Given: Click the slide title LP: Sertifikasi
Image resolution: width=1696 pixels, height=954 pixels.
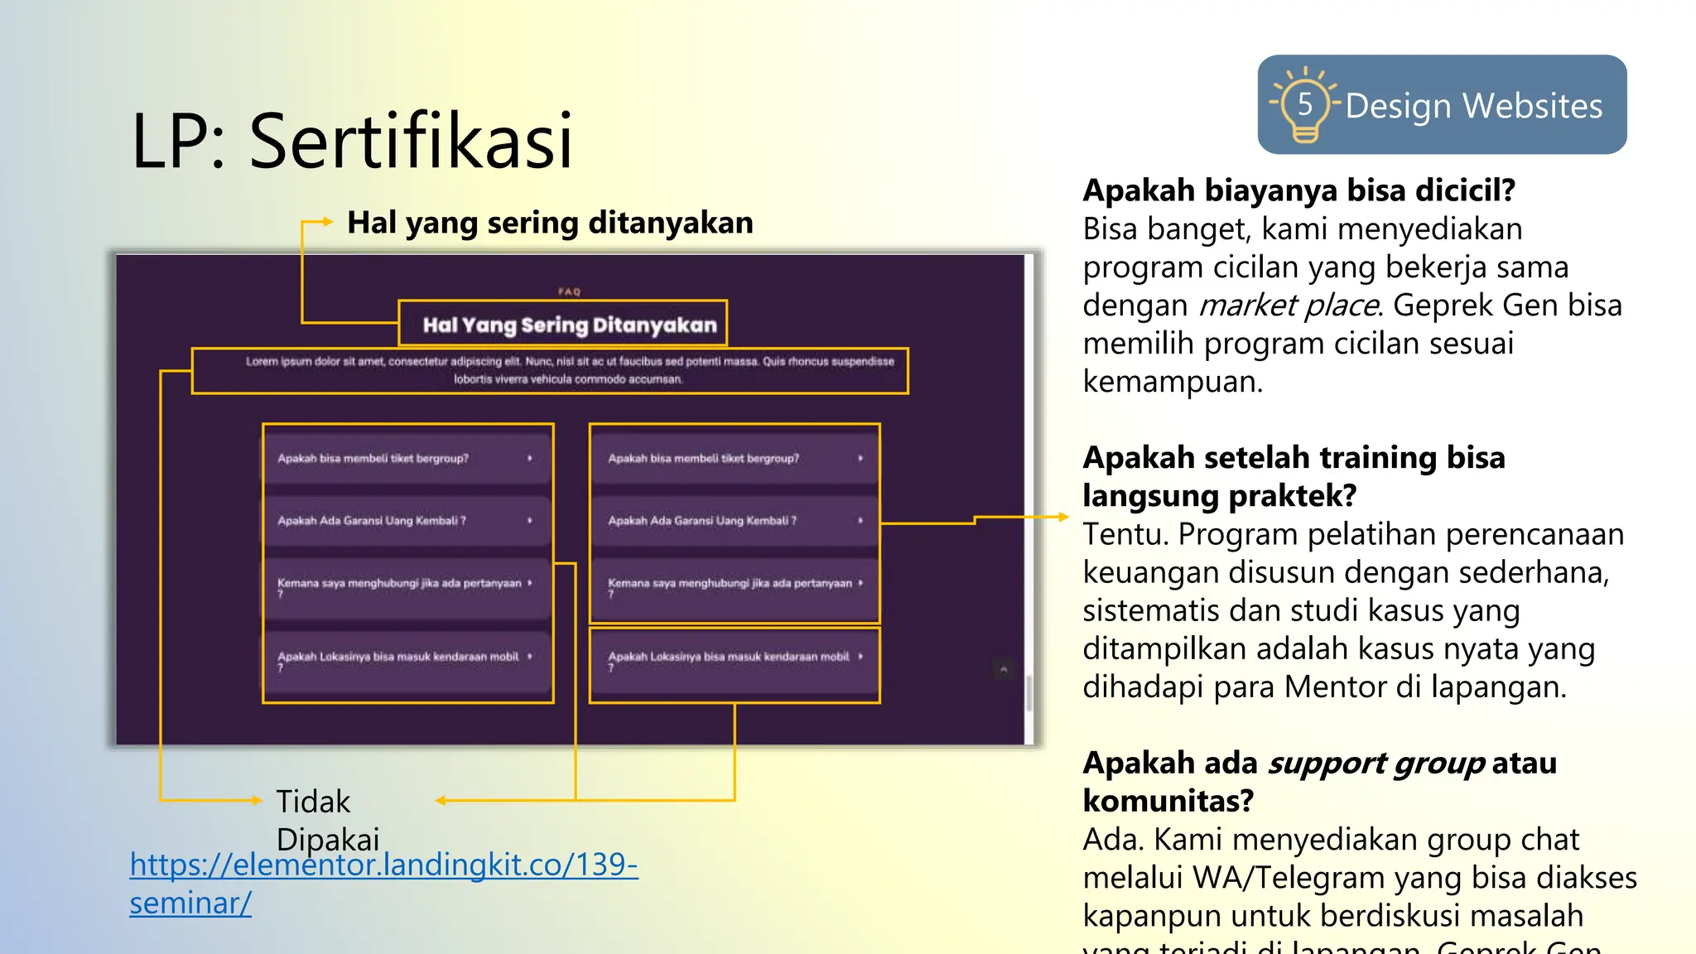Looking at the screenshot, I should tap(352, 141).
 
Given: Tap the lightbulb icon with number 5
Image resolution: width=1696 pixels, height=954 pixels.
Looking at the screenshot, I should tap(1304, 106).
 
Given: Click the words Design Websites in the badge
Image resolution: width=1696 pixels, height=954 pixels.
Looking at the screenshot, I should tap(1473, 106).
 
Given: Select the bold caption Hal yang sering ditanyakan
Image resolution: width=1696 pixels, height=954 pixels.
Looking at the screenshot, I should tap(550, 223).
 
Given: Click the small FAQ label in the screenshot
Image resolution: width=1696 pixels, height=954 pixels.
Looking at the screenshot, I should tap(570, 291).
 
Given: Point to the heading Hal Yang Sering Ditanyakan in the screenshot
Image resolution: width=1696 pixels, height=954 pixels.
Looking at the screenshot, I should tap(569, 325).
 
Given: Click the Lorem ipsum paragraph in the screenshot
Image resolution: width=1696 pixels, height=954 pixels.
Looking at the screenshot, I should tap(569, 370).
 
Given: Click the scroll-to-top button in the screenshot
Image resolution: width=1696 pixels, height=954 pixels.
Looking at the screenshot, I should tap(1004, 669).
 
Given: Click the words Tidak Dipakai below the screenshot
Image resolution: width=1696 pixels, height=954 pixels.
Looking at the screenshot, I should tap(326, 820).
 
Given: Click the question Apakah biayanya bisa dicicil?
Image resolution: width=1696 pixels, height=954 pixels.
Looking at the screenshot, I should tap(1298, 190).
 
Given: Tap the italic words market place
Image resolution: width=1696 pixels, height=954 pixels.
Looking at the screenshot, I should tap(1289, 306).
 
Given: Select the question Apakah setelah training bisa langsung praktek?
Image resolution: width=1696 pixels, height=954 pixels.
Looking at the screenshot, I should tap(1293, 476).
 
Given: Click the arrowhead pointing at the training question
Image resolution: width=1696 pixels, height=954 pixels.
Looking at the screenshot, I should tap(1063, 517).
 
